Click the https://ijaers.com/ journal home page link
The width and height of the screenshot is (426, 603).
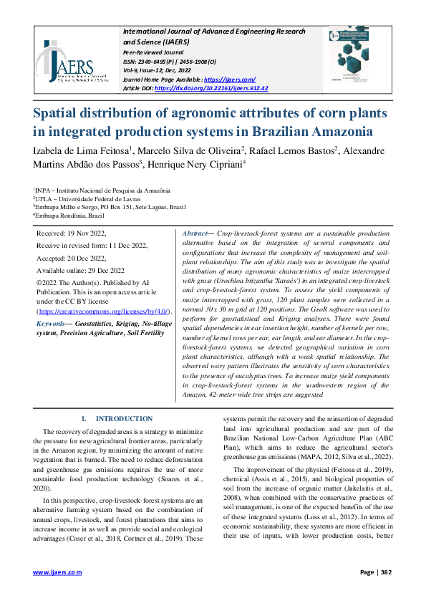[230, 79]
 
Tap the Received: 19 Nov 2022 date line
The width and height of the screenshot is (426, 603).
[71, 233]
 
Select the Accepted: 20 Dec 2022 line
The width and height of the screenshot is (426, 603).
[71, 258]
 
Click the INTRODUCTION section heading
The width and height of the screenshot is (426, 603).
[124, 418]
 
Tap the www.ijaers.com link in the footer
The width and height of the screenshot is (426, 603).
[57, 573]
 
